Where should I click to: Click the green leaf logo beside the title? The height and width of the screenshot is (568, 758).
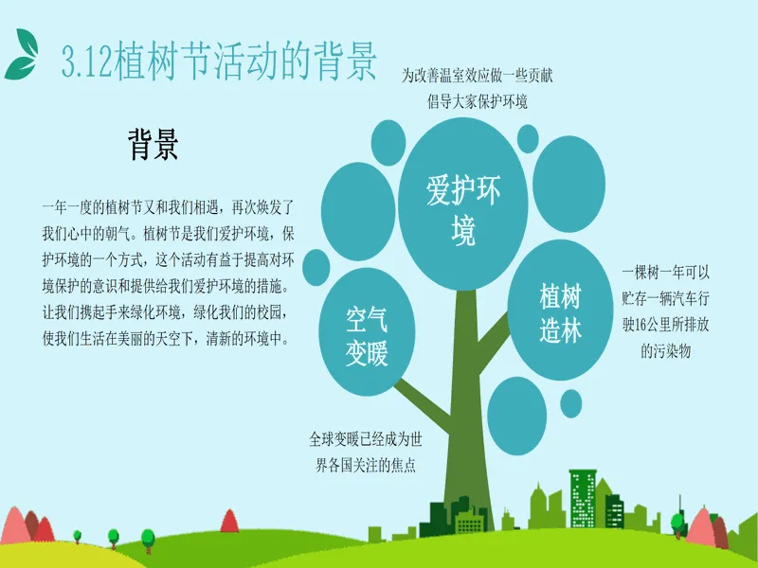coord(21,54)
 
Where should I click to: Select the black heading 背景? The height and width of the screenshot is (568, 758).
coord(153,144)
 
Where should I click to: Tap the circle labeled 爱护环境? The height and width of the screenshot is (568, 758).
coord(462,204)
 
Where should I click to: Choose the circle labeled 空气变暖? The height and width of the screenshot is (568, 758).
coord(367,332)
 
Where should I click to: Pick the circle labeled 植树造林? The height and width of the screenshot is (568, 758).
coord(560,310)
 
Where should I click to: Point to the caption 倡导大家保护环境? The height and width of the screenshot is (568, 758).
coord(478,101)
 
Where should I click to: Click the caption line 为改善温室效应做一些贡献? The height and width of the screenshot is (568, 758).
coord(478,76)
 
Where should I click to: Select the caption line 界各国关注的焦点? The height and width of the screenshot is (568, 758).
coord(366,465)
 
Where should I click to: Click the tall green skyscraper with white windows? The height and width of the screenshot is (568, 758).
coord(583,499)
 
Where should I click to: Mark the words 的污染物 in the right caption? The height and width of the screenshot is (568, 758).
coord(666,351)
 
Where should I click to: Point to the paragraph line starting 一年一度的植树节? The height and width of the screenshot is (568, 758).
coord(168,207)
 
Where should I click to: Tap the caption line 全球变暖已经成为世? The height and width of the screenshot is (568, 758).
coord(366,439)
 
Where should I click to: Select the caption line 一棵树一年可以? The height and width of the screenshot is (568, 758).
coord(666,273)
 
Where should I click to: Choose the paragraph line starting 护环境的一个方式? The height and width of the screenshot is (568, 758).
coord(168,260)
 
